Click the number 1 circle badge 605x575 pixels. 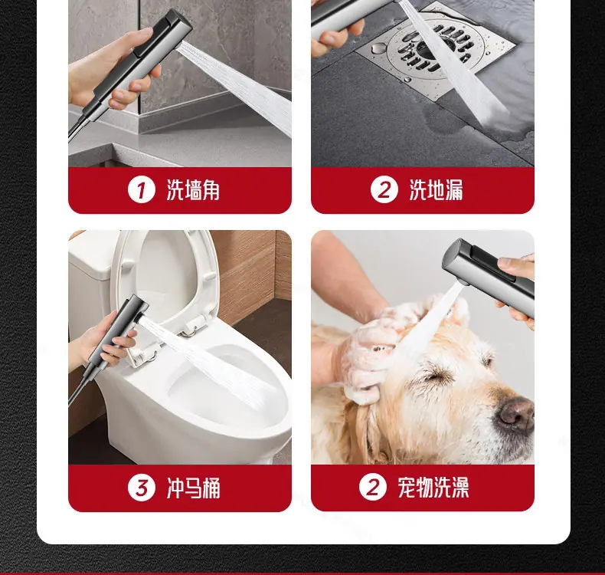[141, 189]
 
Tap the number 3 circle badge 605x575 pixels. [141, 488]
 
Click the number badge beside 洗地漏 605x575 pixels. [384, 189]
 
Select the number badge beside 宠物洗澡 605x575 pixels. [372, 487]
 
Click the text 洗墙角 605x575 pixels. [193, 189]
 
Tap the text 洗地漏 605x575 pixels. [436, 189]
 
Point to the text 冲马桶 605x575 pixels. [193, 488]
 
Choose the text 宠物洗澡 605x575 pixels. [433, 487]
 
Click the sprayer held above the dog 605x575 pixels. [488, 274]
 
